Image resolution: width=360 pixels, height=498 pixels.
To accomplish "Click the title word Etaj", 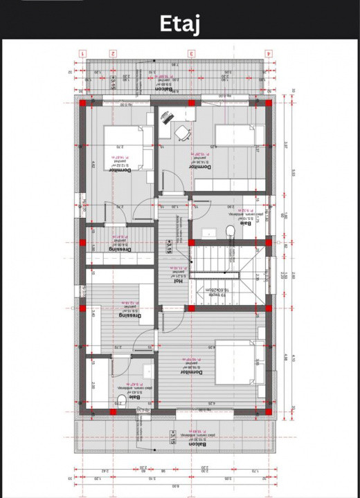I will [x=179, y=23].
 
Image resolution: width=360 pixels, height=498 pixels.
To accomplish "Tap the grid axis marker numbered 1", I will [x=82, y=53].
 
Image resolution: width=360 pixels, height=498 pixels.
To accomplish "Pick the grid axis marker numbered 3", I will [x=192, y=53].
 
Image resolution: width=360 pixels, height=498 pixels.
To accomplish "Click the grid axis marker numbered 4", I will [x=269, y=53].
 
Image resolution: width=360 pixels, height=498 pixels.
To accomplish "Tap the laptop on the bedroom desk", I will [x=166, y=119].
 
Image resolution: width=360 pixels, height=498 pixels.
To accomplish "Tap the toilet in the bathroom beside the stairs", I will [x=231, y=231].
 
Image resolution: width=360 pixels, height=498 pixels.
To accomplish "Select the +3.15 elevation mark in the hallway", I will [x=168, y=247].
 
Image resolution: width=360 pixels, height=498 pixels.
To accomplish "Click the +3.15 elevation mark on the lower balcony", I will [x=171, y=436].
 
